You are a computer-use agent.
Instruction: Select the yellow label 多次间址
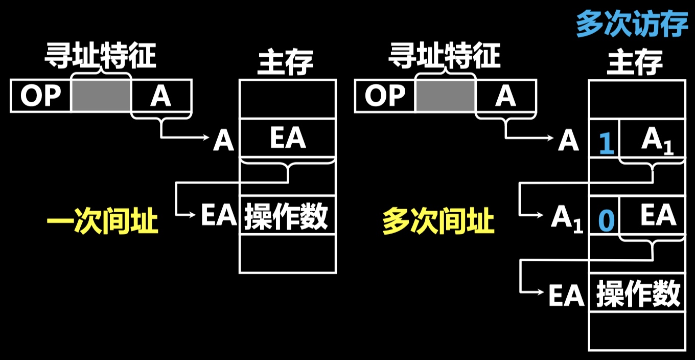pos(438,222)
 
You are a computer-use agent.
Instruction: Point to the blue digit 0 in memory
pos(606,220)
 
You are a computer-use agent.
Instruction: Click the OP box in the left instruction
pos(40,96)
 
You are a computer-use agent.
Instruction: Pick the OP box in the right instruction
pos(385,96)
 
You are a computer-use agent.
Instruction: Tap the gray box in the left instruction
pos(101,96)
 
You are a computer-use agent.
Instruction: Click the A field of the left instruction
pos(161,96)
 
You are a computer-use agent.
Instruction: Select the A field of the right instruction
pos(505,96)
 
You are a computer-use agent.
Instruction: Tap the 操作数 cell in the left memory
pos(287,215)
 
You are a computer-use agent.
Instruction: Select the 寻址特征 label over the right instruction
pos(444,55)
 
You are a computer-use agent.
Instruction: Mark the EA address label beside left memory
pos(219,215)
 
